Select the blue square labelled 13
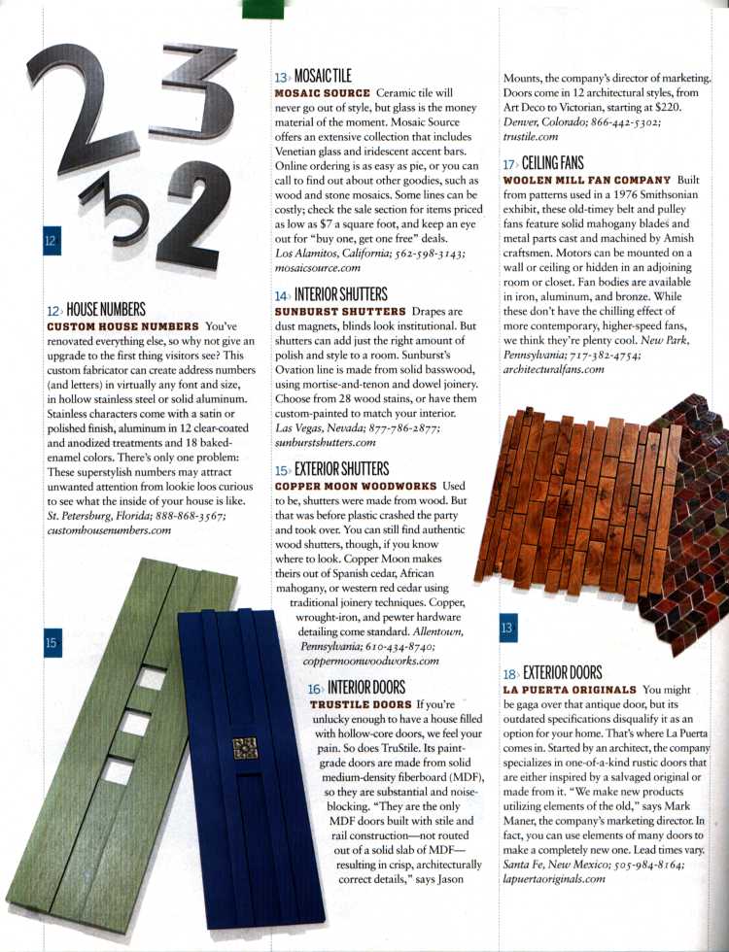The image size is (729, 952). pos(507,628)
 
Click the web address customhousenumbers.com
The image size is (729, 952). pos(109,530)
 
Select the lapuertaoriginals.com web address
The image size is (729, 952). pos(554,878)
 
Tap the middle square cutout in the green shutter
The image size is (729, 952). pos(135,724)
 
